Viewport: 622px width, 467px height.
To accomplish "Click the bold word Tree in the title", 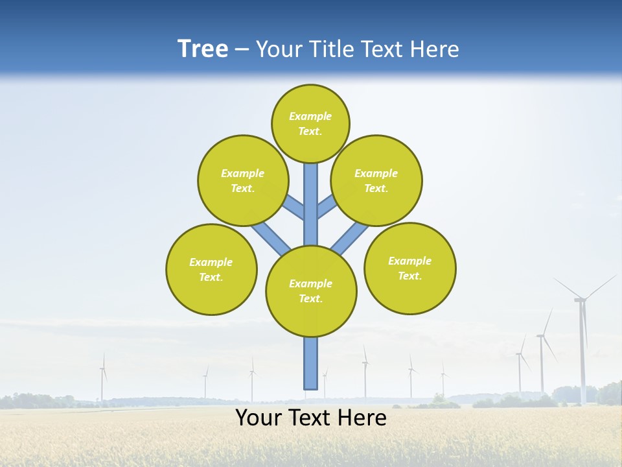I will point(203,49).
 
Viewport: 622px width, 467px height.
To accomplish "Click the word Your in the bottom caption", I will point(257,418).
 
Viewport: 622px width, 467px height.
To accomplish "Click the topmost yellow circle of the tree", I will point(310,123).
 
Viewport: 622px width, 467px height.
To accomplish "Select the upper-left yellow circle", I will point(243,180).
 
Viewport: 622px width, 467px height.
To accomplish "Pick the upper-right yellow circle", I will point(376,180).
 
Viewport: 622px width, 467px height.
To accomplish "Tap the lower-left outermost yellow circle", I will point(211,269).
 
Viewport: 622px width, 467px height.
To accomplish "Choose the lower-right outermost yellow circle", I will point(410,268).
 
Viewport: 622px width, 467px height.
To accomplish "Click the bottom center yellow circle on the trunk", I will point(311,291).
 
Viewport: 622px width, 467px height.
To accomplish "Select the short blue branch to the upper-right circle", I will point(327,207).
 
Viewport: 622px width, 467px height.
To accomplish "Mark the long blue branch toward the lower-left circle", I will point(271,237).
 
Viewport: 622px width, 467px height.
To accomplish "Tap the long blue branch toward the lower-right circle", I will point(350,237).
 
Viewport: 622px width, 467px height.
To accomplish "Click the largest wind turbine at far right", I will point(582,337).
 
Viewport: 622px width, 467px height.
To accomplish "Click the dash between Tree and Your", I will point(242,49).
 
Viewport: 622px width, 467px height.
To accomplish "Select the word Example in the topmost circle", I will point(310,116).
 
